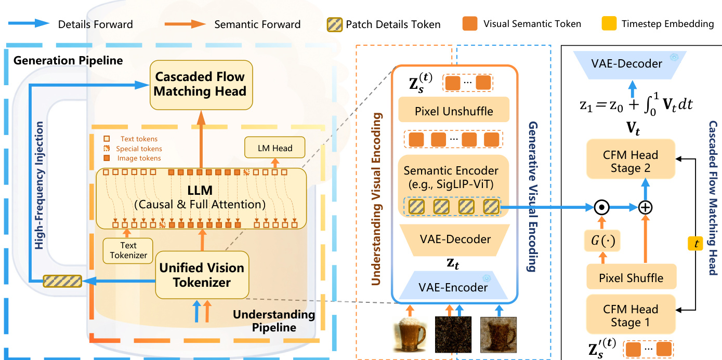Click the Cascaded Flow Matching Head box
(x=201, y=84)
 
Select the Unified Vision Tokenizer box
(x=202, y=275)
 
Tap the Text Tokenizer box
(x=128, y=250)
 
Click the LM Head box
(x=275, y=148)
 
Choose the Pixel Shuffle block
(x=631, y=277)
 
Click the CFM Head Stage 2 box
(x=631, y=162)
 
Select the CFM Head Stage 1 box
(x=631, y=316)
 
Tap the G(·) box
(x=602, y=242)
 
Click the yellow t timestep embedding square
(x=695, y=242)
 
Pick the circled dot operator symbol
(x=602, y=207)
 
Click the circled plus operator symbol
(x=645, y=207)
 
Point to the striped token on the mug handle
(x=62, y=281)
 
